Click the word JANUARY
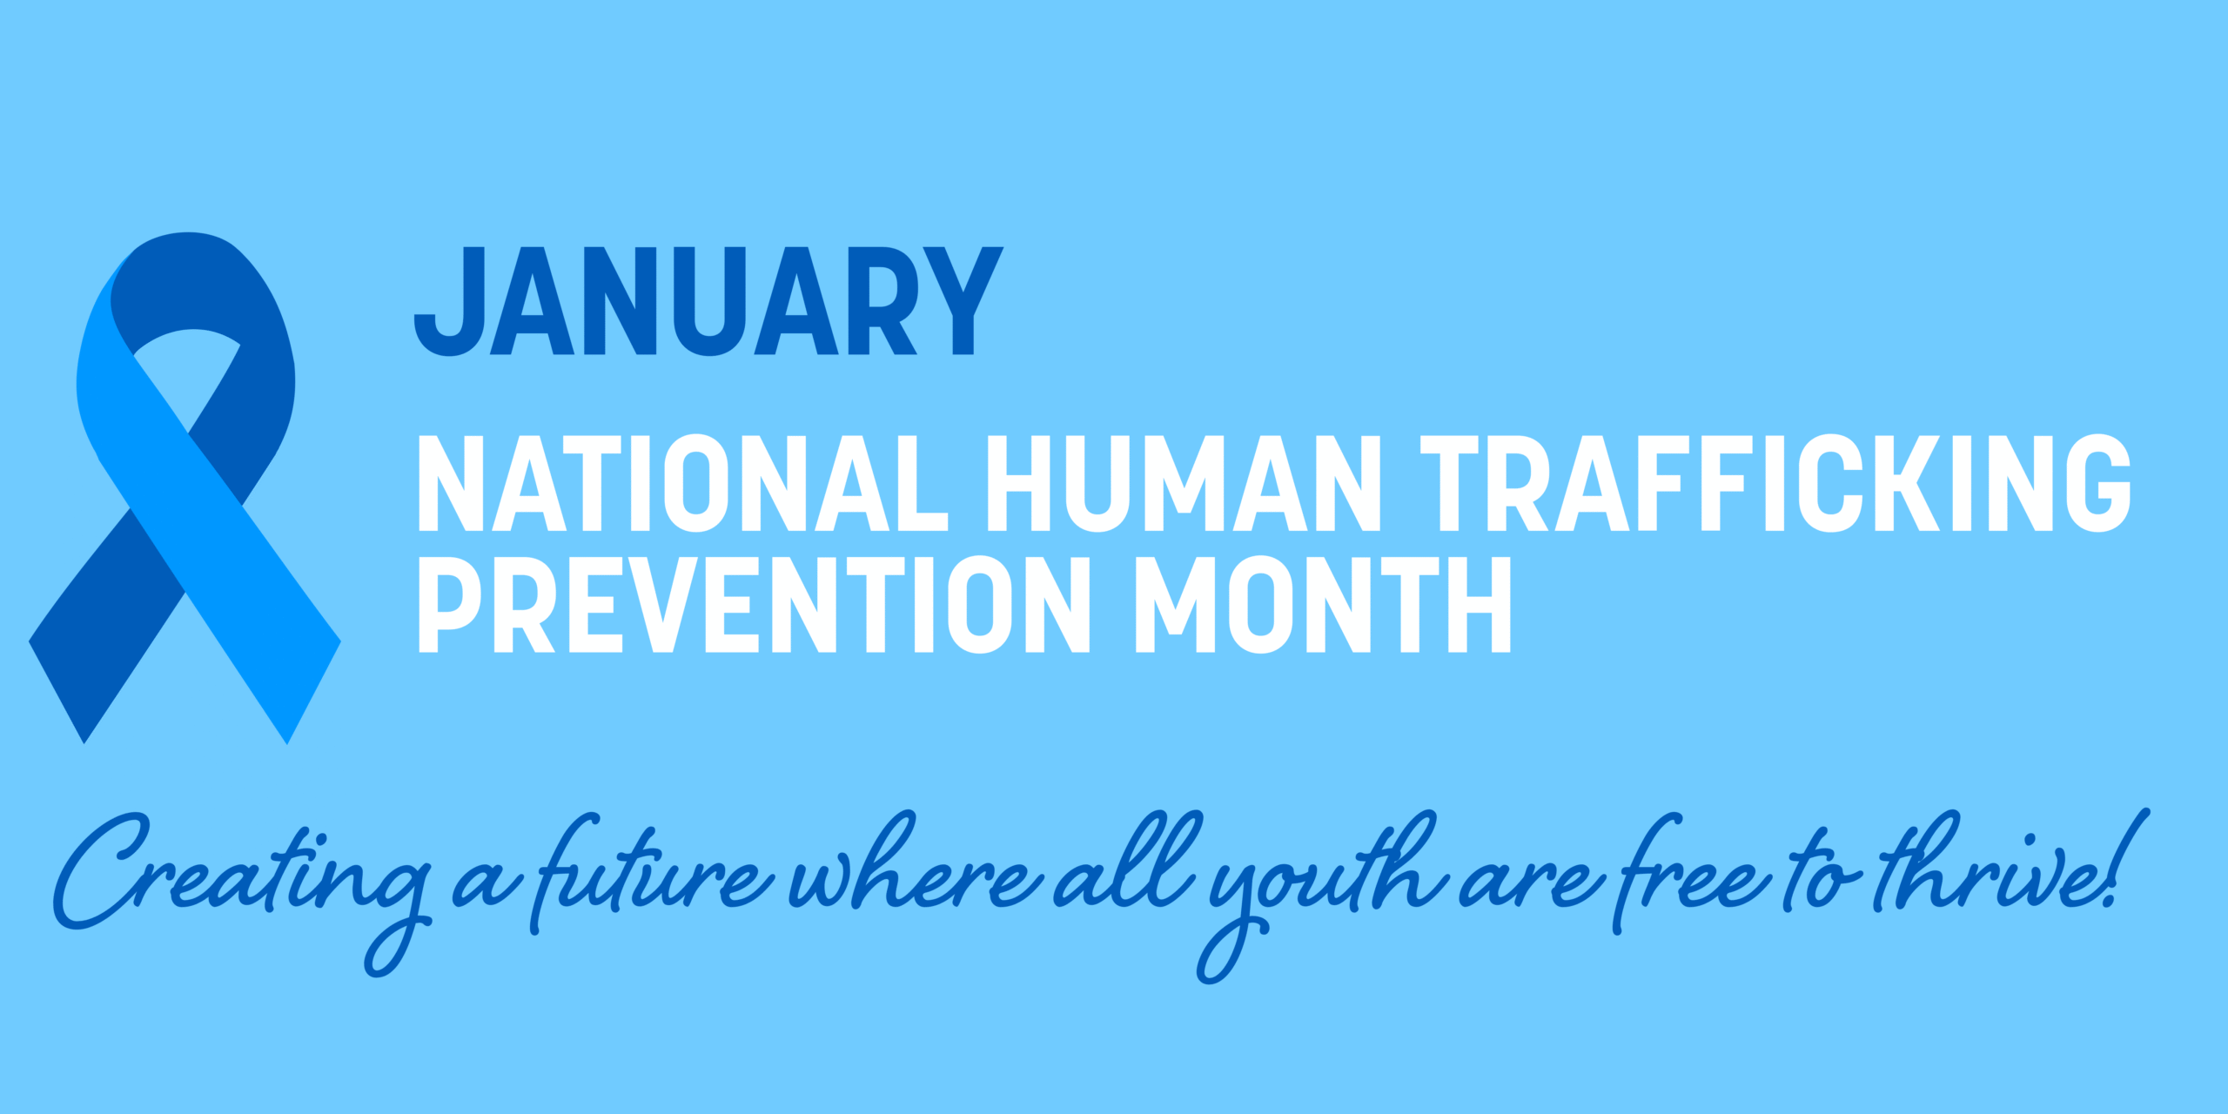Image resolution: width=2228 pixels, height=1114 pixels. pos(708,301)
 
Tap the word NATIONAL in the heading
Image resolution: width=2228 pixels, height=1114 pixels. pos(683,483)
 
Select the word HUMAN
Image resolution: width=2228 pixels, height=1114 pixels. pos(1184,483)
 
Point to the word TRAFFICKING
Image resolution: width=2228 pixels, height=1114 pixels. pos(1775,483)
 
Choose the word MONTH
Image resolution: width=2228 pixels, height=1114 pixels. pos(1324,605)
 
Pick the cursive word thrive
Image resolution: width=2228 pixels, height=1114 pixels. pos(1989,870)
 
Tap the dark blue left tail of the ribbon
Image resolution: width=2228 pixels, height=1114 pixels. pos(104,627)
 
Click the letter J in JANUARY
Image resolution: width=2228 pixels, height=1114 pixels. pos(449,301)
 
